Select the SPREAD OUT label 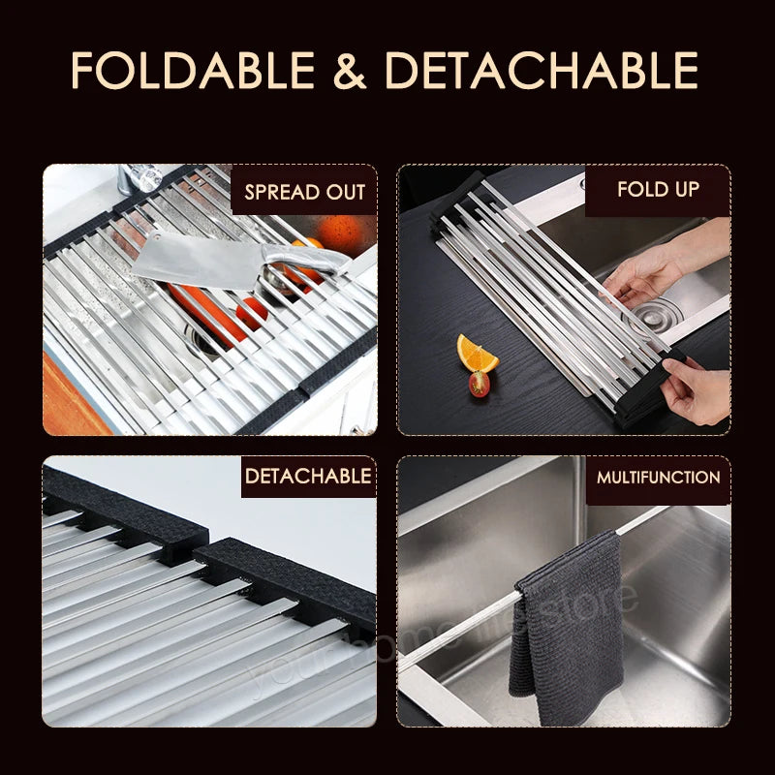[304, 191]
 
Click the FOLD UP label [658, 188]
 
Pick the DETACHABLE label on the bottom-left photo [307, 476]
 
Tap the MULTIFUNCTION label [658, 477]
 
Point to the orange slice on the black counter [477, 355]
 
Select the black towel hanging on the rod [568, 620]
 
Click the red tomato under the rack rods [250, 312]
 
